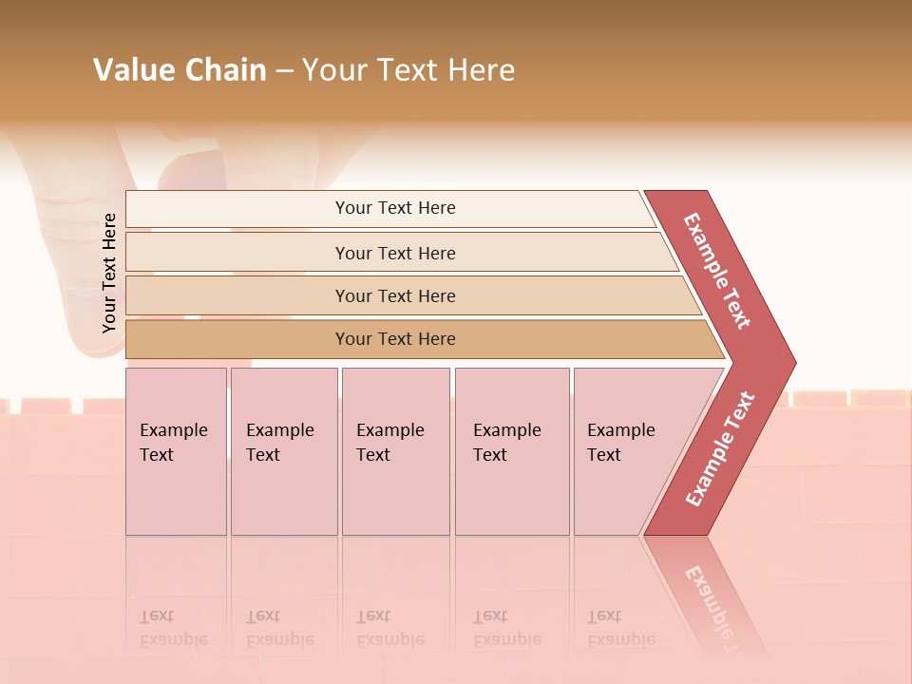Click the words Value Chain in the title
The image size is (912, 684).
click(x=180, y=70)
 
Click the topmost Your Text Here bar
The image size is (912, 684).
click(x=395, y=208)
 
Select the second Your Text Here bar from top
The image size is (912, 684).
click(x=395, y=253)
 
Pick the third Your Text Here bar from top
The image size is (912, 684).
click(x=395, y=295)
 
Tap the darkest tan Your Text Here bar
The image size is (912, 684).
click(x=395, y=339)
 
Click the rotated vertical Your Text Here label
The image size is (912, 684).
click(x=109, y=274)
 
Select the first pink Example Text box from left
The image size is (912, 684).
click(x=176, y=451)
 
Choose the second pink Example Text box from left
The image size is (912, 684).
click(x=283, y=451)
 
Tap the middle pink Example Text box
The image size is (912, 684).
click(x=395, y=451)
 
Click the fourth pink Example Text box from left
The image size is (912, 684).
click(x=512, y=451)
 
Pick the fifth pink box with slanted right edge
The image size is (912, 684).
click(x=632, y=451)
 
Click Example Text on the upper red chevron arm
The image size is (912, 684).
click(x=717, y=271)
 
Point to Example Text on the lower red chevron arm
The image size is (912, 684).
click(x=720, y=448)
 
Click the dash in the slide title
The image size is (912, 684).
click(x=284, y=70)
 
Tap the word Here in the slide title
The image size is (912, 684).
click(x=481, y=70)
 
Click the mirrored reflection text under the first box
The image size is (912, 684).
click(x=174, y=629)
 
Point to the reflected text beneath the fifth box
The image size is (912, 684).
click(x=620, y=629)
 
